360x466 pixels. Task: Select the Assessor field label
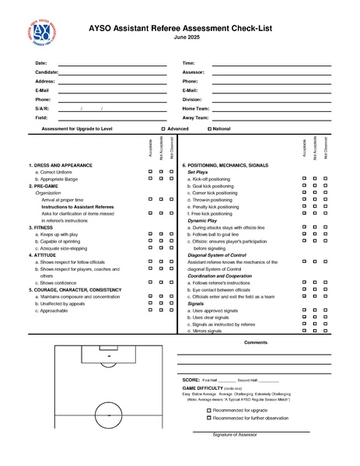click(194, 72)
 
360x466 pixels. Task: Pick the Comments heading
click(256, 342)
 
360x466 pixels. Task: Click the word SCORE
click(190, 379)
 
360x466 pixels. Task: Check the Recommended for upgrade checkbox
click(209, 409)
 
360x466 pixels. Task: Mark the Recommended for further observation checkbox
click(209, 418)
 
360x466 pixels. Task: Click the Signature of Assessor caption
click(235, 434)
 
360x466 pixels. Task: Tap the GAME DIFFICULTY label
click(205, 387)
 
